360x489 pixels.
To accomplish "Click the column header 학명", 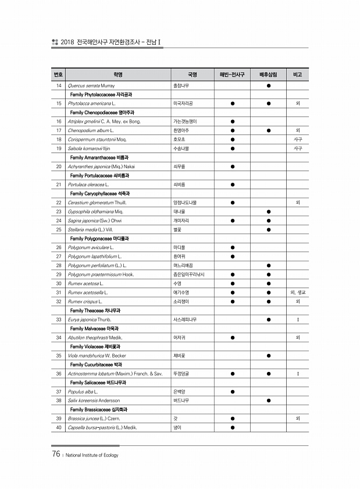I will pos(118,75).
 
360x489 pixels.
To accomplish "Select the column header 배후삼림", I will pos(268,75).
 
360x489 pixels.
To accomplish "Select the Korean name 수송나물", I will pos(181,148).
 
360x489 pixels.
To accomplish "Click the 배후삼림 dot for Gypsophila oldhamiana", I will pos(268,211).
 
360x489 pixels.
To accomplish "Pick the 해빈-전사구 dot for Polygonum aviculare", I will pos(232,247).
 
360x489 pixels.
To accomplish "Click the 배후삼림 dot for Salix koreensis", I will pos(268,401).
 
